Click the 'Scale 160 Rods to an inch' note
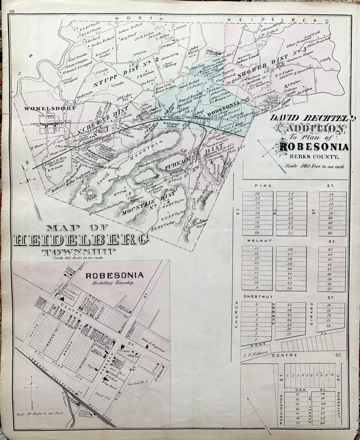point(78,258)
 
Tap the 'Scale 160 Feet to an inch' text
point(314,165)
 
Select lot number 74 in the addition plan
point(331,194)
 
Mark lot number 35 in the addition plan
point(290,233)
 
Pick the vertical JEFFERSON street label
point(339,407)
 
